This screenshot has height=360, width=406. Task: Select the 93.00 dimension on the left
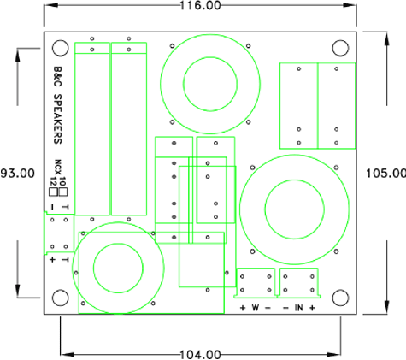(17, 173)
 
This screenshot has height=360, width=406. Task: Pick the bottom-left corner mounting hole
(59, 297)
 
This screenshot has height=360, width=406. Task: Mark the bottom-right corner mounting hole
(341, 297)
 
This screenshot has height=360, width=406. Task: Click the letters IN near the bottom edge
(299, 308)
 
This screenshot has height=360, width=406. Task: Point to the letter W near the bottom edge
(256, 308)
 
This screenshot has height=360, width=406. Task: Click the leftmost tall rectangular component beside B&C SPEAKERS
(92, 128)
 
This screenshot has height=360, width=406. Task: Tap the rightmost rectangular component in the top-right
(336, 104)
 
